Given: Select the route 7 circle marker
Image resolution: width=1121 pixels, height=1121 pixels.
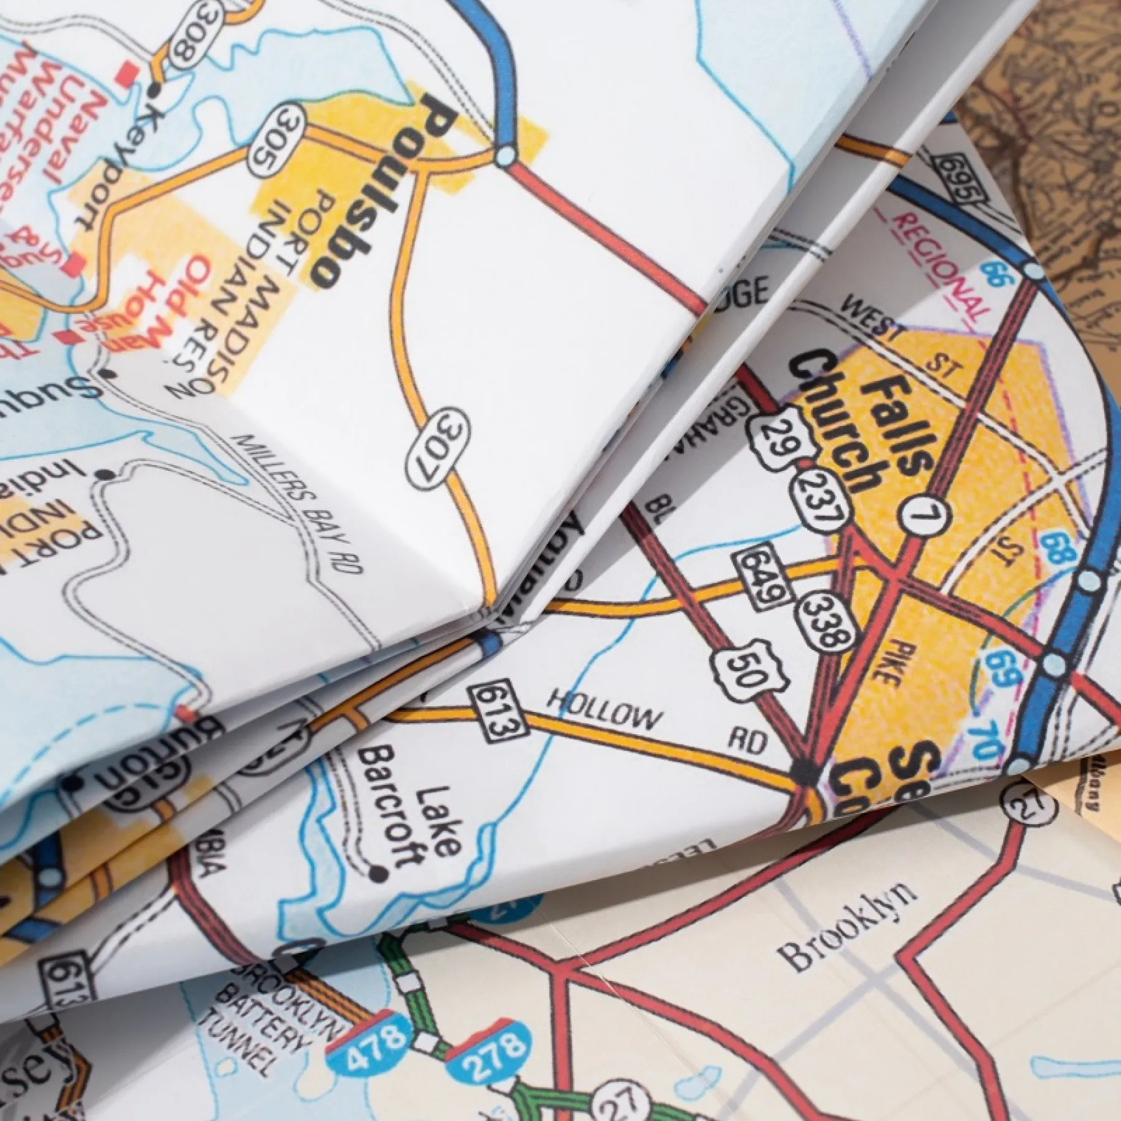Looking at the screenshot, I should pyautogui.click(x=924, y=516).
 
